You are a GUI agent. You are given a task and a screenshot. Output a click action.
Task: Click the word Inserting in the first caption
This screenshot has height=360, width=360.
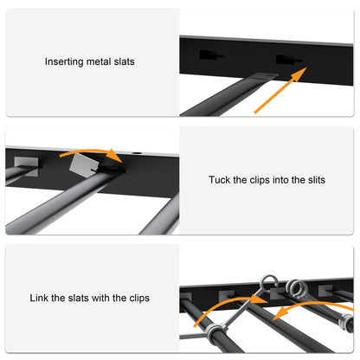(x=65, y=62)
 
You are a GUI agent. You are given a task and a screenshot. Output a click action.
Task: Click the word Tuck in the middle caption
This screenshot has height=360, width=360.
(x=220, y=180)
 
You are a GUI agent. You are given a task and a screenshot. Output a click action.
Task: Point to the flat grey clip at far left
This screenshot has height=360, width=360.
(x=27, y=160)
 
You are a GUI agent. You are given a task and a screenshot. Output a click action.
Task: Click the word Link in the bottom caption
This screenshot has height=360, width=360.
(x=41, y=298)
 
